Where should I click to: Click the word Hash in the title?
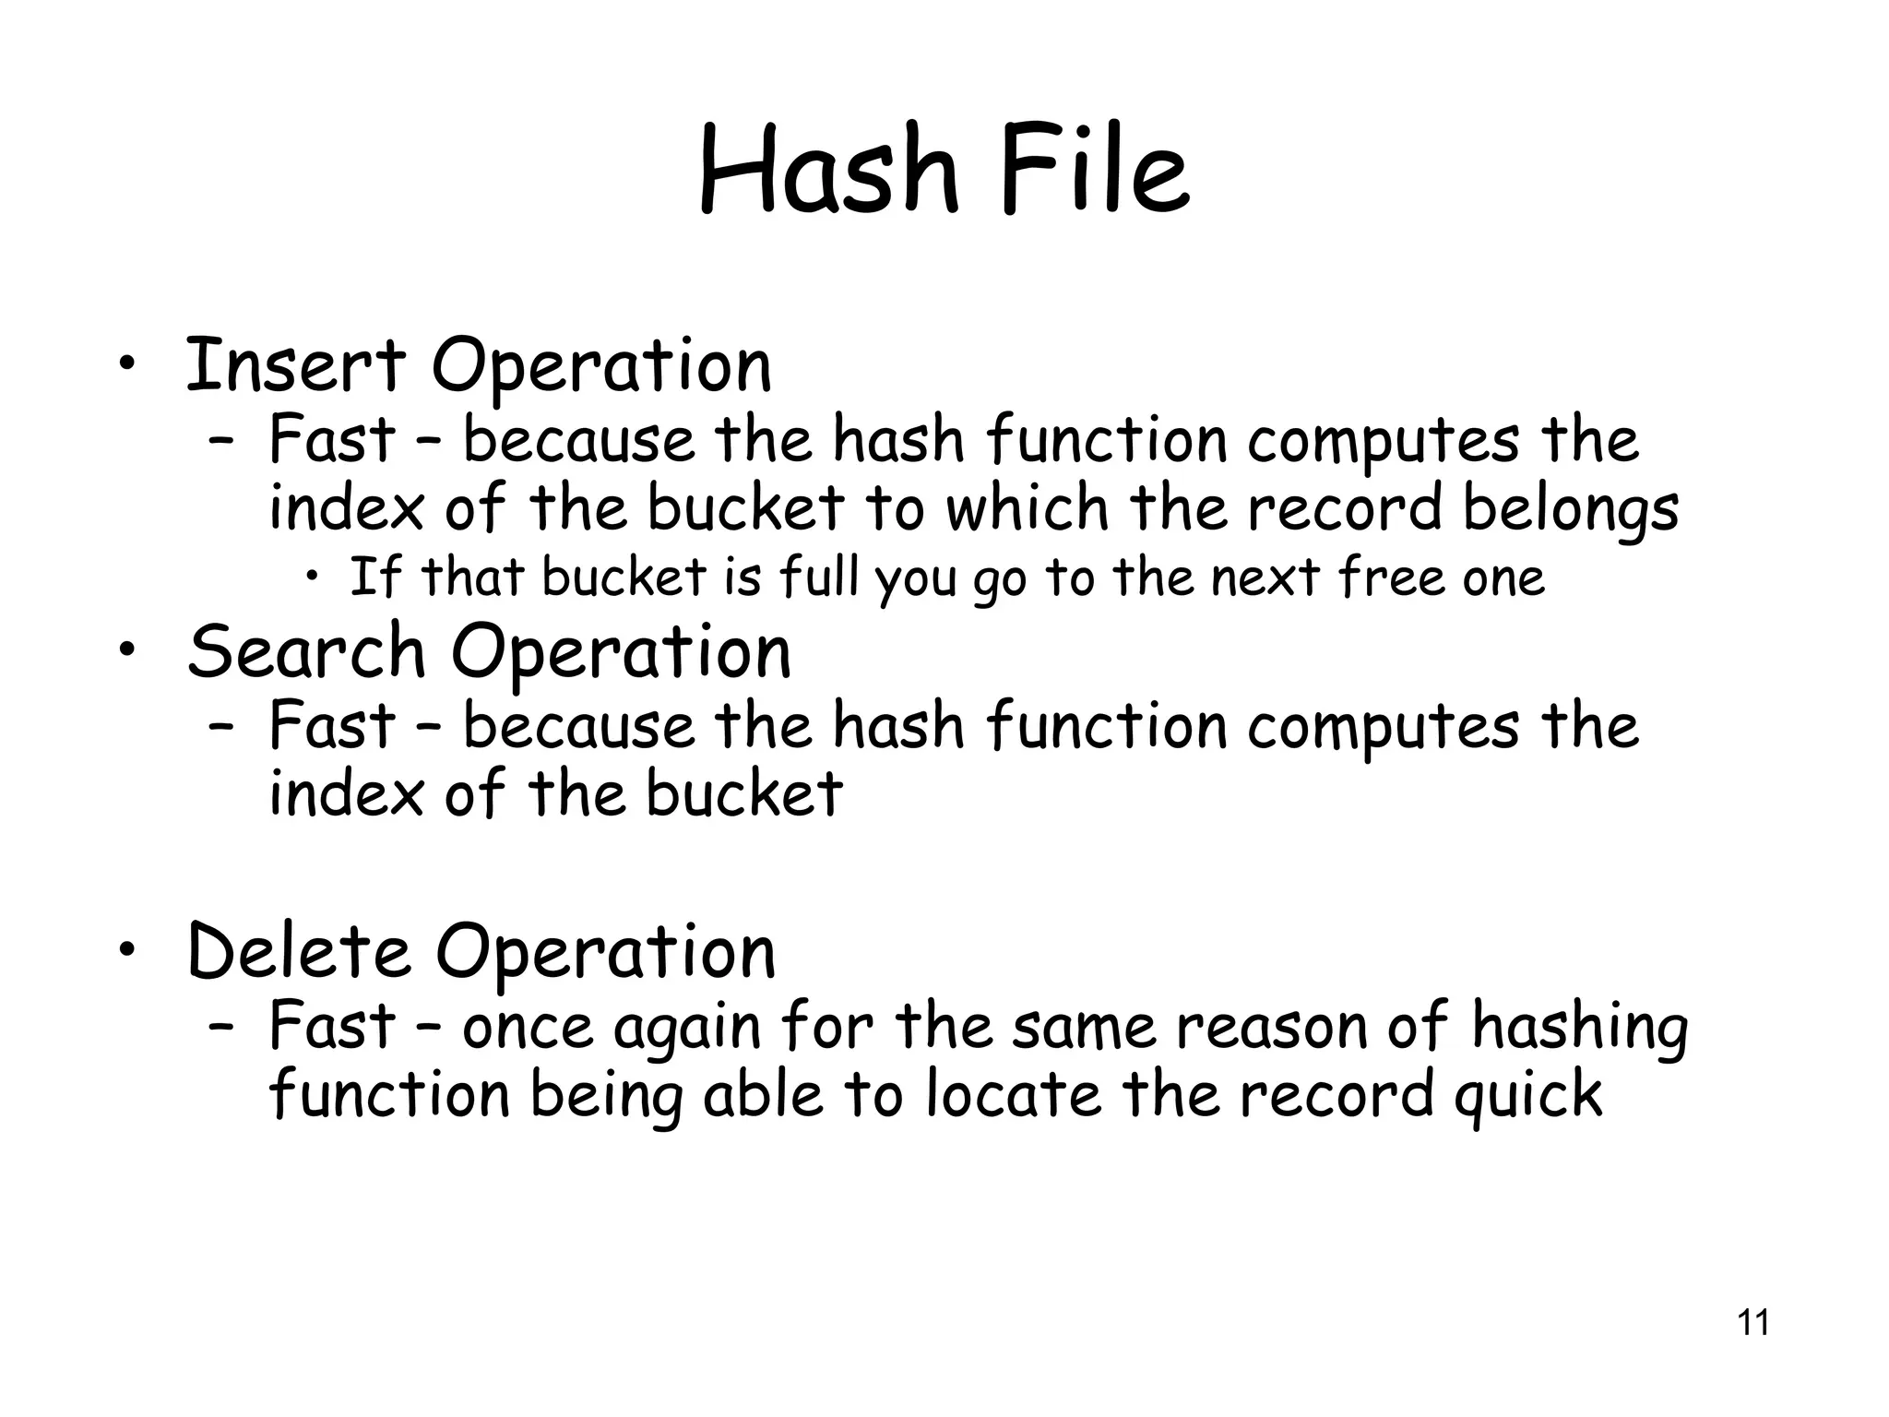tap(827, 172)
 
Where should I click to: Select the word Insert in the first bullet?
tap(295, 365)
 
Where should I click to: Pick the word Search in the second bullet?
tap(306, 651)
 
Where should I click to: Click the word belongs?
tap(1570, 510)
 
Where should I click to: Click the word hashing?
tap(1579, 1027)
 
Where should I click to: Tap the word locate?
tap(1013, 1095)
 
